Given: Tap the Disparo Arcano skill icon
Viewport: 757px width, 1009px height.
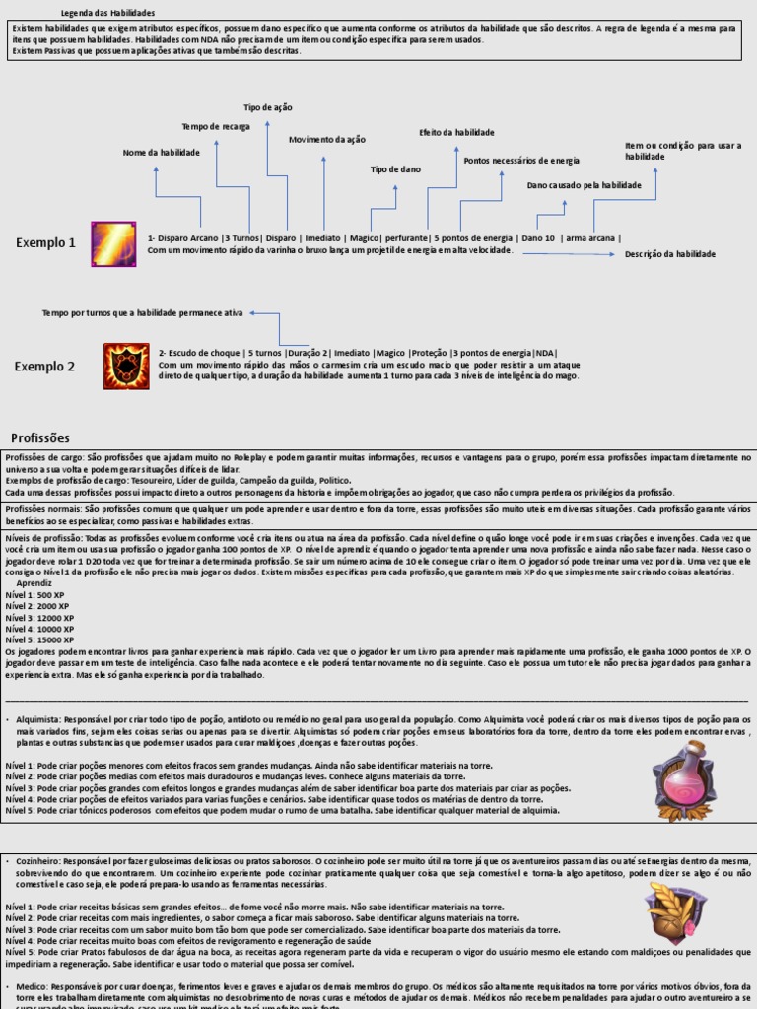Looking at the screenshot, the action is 114,244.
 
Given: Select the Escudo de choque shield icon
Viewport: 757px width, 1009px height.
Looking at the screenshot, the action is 127,366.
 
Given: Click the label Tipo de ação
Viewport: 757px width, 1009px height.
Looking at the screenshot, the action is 268,107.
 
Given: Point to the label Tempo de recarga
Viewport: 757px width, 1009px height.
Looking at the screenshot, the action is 216,127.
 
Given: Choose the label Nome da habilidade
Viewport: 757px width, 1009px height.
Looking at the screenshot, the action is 161,153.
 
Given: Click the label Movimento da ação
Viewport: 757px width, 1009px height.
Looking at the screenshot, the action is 326,140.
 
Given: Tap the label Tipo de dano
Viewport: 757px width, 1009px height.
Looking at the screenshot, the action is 395,169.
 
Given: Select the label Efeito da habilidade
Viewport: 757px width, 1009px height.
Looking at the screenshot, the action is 456,132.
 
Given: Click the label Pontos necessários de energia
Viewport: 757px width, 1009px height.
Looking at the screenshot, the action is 521,161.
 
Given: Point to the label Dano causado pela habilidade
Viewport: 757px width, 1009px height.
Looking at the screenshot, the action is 584,185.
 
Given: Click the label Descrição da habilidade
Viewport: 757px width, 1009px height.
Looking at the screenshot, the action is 670,254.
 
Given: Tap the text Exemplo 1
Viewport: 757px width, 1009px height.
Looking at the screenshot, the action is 45,243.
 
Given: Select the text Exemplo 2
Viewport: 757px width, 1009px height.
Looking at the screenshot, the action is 44,367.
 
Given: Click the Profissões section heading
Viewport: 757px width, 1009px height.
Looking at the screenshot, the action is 40,437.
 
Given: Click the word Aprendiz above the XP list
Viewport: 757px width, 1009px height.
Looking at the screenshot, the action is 34,583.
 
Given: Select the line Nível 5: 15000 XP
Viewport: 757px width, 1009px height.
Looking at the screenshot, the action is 39,639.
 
